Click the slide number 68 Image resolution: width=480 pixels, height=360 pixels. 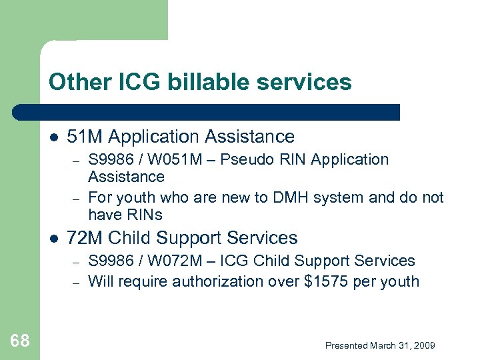[x=20, y=341]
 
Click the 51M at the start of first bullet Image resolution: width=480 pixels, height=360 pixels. [x=85, y=137]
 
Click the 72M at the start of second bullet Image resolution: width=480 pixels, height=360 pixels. [x=85, y=238]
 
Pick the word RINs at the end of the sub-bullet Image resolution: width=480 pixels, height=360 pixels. [x=144, y=215]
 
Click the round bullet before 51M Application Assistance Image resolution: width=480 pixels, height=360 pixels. [x=54, y=137]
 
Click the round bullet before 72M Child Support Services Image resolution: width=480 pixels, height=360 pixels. [x=54, y=239]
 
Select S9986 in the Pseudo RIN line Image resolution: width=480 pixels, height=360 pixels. [x=110, y=160]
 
